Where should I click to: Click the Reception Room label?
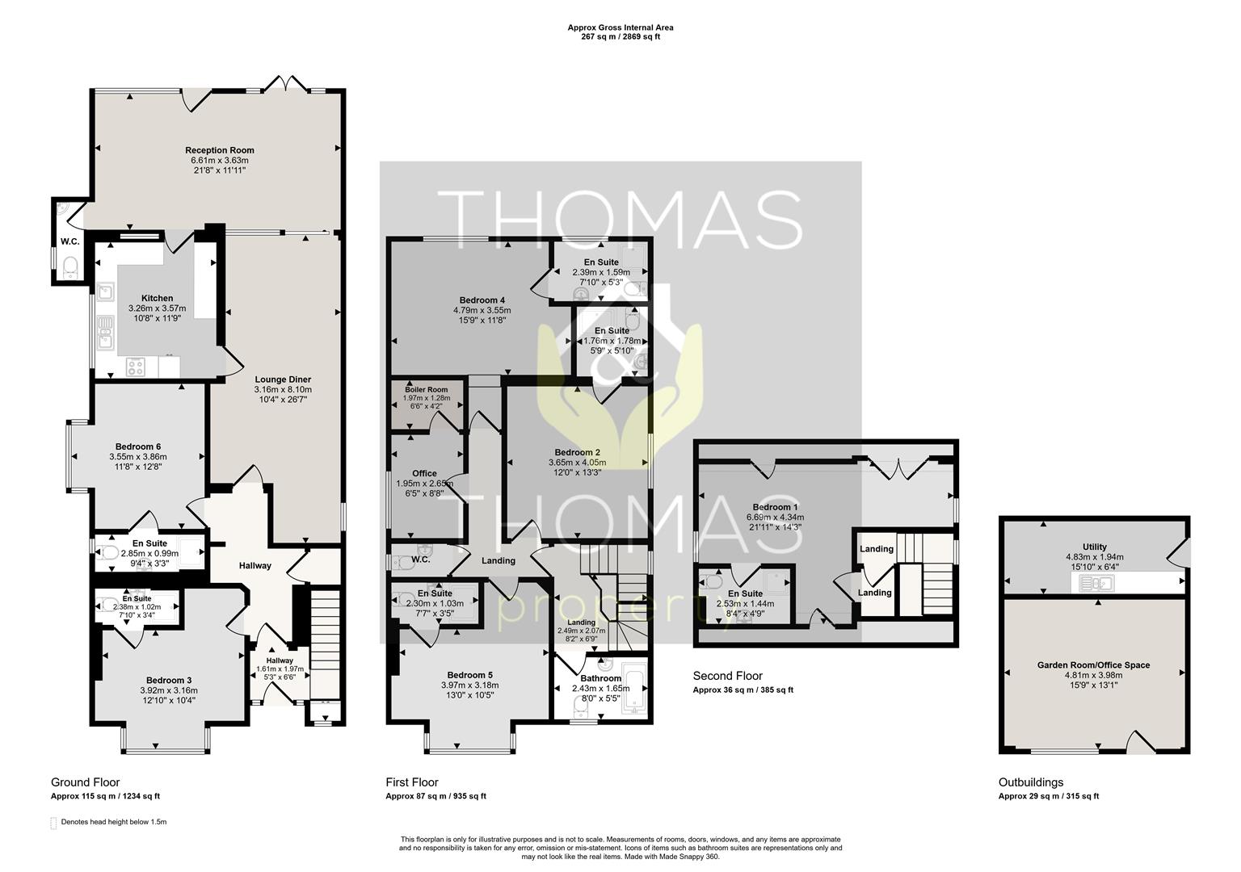[x=220, y=150]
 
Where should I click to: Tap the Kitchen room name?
[x=158, y=299]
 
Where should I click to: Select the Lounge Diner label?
[x=283, y=379]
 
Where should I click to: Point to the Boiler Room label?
[x=426, y=390]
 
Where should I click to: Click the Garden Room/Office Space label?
[x=1094, y=665]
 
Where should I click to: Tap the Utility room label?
[x=1094, y=547]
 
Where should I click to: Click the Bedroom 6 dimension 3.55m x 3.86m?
[x=138, y=457]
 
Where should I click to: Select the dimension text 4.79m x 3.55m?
[x=482, y=310]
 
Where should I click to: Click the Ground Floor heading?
[x=86, y=782]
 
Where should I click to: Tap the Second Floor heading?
[x=727, y=676]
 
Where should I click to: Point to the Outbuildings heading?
[x=1031, y=782]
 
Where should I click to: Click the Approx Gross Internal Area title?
[x=620, y=27]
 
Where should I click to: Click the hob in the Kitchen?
[x=135, y=367]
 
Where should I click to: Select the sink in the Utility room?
[x=1096, y=584]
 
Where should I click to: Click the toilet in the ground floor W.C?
[x=70, y=267]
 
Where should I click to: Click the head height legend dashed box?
[x=53, y=823]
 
